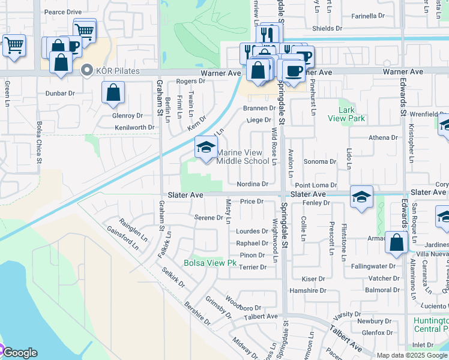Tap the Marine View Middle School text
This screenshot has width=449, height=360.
coord(243,157)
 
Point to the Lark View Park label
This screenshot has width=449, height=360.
coord(346,114)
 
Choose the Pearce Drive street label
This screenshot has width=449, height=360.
coord(62,11)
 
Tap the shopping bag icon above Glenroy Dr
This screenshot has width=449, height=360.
coord(113,94)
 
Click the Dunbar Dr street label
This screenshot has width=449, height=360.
coord(60,94)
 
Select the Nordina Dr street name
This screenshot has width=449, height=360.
coord(252,184)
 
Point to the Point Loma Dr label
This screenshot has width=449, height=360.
coord(315,186)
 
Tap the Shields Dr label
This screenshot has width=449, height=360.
coord(327,28)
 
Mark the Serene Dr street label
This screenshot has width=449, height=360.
coord(209,218)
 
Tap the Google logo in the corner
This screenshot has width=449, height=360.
coord(20,353)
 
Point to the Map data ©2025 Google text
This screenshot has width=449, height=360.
coord(412,355)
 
